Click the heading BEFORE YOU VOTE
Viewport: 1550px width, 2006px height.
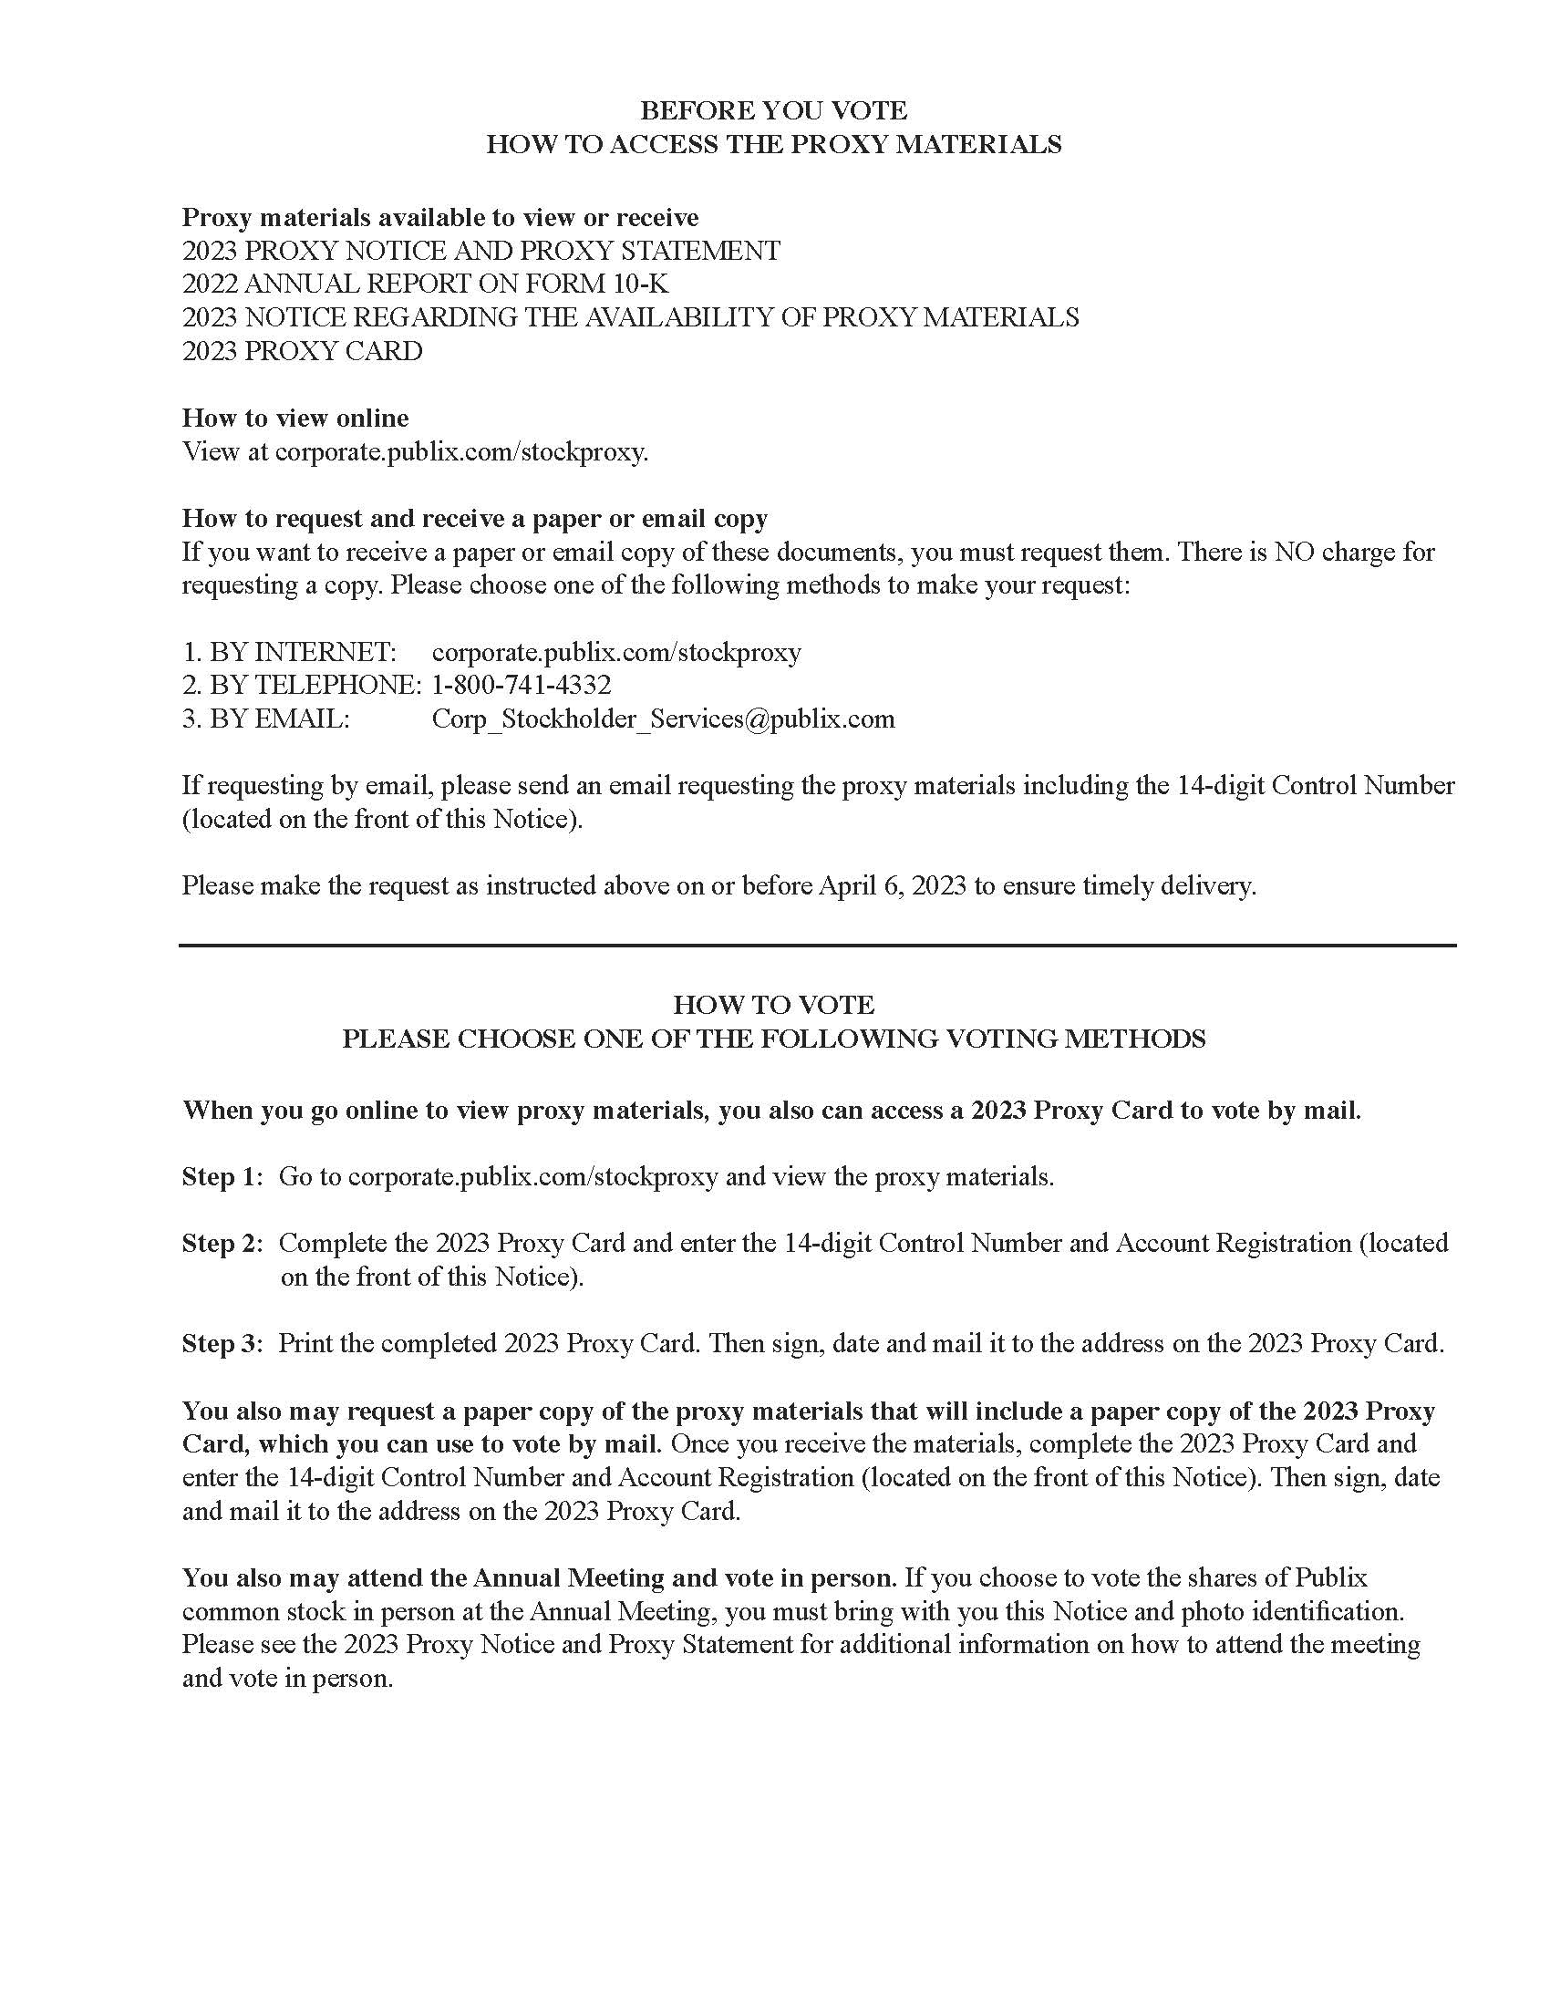tap(773, 111)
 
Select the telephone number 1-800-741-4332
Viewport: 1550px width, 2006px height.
tap(521, 685)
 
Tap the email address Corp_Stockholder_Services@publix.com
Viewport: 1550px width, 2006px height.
tap(663, 719)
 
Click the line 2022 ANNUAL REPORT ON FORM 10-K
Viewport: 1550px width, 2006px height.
tap(426, 284)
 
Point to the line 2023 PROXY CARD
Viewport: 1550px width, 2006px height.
tap(302, 351)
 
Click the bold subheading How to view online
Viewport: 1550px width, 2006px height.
tap(295, 418)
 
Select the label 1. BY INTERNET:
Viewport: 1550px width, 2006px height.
tap(289, 652)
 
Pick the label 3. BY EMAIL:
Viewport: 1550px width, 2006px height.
tap(265, 719)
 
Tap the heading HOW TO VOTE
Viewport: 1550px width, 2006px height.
tap(773, 1004)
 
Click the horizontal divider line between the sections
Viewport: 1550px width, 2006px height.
tap(817, 946)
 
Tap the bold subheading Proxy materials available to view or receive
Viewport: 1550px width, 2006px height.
tap(439, 218)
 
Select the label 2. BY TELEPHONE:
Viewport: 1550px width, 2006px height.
tap(302, 685)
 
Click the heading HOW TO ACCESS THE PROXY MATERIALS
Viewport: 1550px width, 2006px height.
tap(773, 144)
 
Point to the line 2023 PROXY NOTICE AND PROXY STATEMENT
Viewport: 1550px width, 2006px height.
tap(481, 251)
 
